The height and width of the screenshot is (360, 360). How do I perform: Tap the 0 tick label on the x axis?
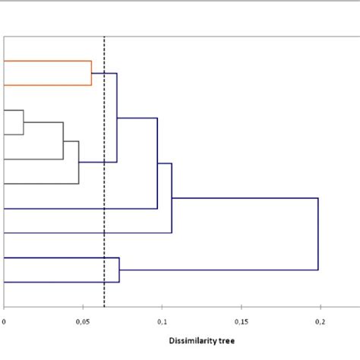tap(5, 322)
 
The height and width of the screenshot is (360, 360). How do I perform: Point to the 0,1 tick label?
tap(162, 322)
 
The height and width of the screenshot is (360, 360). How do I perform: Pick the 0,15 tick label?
tap(241, 322)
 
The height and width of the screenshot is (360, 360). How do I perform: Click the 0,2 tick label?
tap(320, 322)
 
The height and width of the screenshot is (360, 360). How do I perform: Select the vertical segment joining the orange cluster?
tap(91, 73)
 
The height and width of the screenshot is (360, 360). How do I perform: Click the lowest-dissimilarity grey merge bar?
tap(24, 122)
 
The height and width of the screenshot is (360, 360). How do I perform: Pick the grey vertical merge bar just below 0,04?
tap(63, 141)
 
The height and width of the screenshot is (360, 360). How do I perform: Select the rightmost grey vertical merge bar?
tap(79, 162)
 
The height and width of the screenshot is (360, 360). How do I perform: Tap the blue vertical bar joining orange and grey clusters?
tap(117, 118)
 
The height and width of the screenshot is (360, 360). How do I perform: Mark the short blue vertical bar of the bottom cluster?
tap(119, 270)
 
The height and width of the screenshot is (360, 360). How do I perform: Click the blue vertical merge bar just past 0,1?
tap(172, 198)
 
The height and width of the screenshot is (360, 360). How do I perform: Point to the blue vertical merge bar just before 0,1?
tap(157, 163)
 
